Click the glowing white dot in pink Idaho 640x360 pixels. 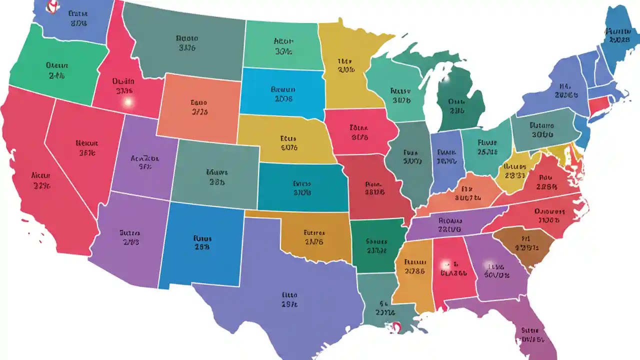tap(128, 102)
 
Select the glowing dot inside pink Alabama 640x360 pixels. tap(443, 263)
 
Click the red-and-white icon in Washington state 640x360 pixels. tap(50, 6)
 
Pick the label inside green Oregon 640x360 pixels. tap(57, 70)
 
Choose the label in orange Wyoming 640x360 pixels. tap(198, 107)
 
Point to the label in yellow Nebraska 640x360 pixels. tap(288, 142)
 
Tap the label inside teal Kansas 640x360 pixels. tap(302, 187)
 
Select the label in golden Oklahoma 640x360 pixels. tap(314, 237)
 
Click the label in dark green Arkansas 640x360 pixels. tap(376, 245)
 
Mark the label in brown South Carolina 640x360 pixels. tap(525, 242)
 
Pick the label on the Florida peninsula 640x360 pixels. tap(531, 334)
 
